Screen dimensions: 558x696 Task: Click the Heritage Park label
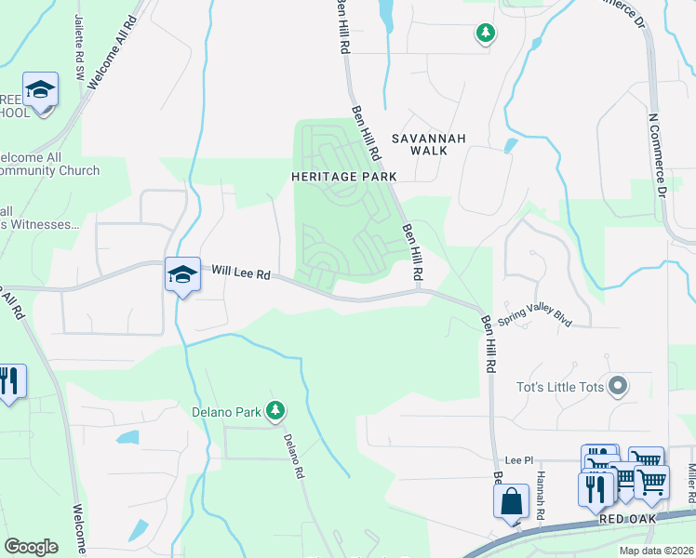343,176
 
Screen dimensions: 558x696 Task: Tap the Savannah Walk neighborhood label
426,143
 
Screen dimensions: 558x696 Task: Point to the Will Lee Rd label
240,272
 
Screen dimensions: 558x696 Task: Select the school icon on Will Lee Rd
182,274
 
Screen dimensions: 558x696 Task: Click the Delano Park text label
223,410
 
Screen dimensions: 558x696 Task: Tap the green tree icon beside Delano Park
274,409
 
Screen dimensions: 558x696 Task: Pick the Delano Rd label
294,457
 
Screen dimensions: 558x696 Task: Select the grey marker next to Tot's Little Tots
618,386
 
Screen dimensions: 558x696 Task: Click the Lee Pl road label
517,460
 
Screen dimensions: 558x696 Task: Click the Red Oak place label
628,518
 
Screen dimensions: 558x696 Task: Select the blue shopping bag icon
510,503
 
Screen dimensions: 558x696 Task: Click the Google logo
31,547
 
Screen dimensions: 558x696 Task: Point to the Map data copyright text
656,551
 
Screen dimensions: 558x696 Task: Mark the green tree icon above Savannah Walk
485,34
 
